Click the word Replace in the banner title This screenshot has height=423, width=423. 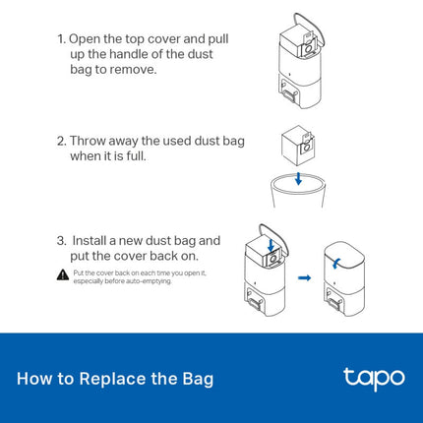tap(114, 379)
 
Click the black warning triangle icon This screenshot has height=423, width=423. tap(62, 274)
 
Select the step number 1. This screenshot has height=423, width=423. tap(61, 38)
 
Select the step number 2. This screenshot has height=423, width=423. tap(61, 141)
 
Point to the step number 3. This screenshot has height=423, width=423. tap(61, 240)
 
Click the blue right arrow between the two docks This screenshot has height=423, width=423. tap(304, 277)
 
